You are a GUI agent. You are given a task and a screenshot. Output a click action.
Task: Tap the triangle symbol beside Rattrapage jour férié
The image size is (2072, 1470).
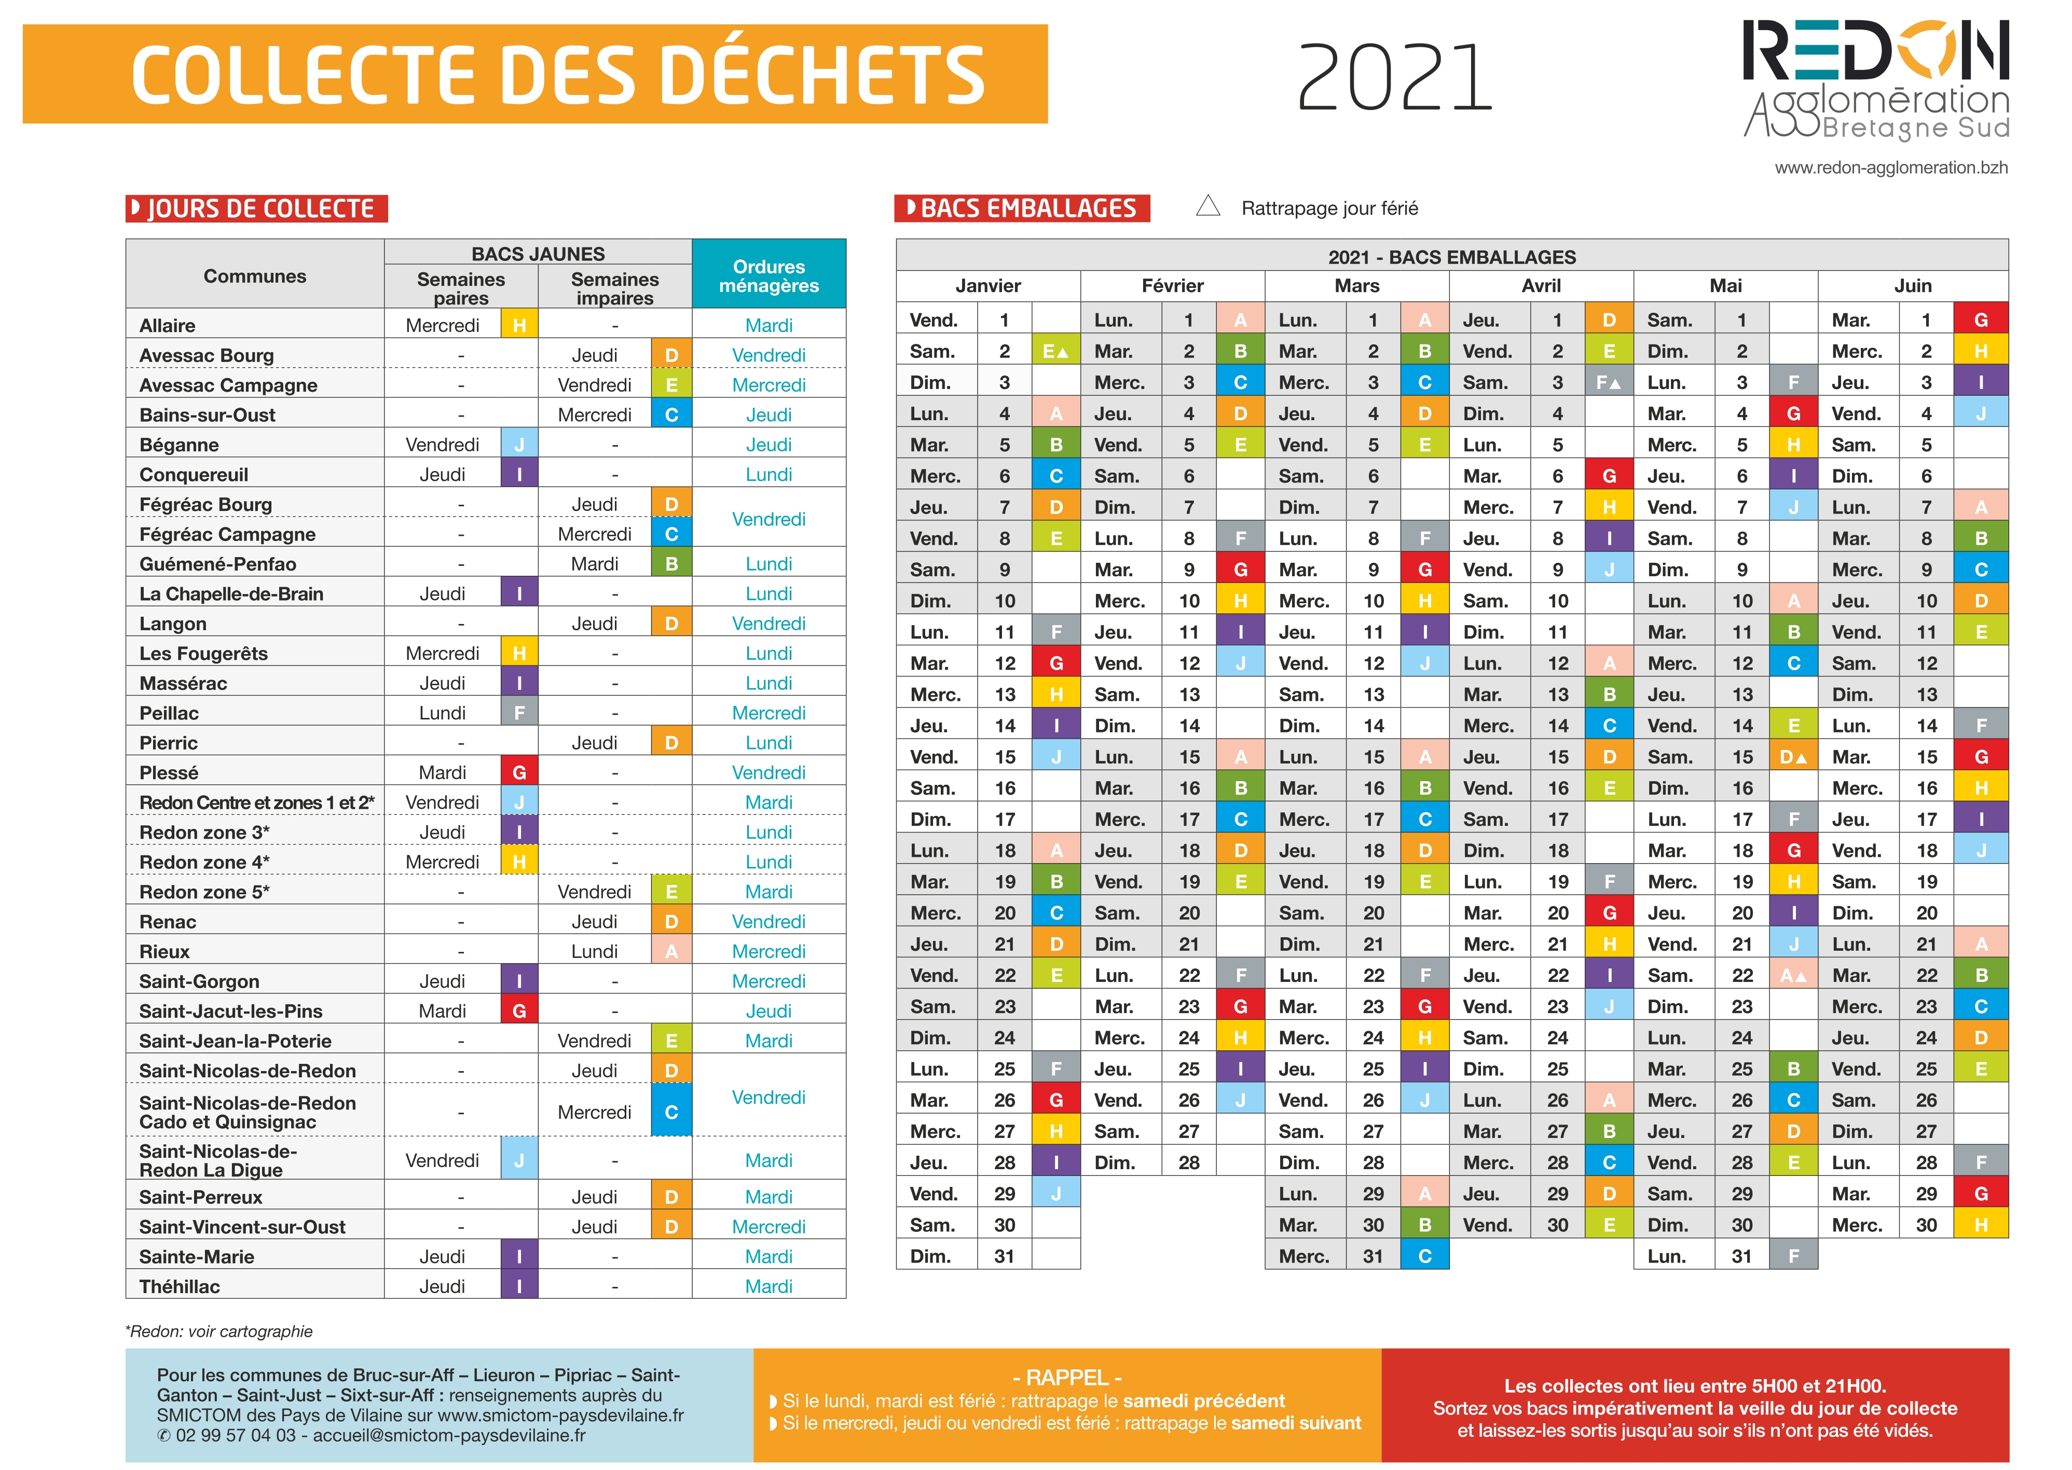click(x=1208, y=206)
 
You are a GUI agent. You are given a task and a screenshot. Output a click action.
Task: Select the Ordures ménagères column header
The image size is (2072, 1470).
click(x=769, y=275)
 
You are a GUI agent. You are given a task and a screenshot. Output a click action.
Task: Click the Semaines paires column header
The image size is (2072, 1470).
click(x=461, y=288)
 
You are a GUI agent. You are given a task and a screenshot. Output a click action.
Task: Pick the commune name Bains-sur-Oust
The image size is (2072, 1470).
click(x=208, y=414)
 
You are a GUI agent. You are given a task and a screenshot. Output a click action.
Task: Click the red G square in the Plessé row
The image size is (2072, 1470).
click(x=519, y=772)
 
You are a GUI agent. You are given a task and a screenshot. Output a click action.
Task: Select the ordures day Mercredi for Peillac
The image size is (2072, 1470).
click(x=769, y=712)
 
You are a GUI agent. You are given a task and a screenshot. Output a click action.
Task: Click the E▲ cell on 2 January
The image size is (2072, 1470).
click(x=1056, y=351)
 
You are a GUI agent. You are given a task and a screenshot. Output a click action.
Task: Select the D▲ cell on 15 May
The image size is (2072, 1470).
click(x=1793, y=757)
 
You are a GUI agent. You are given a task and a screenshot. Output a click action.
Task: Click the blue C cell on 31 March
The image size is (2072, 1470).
click(x=1424, y=1255)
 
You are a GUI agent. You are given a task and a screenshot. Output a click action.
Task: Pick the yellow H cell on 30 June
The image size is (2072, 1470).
click(x=1981, y=1225)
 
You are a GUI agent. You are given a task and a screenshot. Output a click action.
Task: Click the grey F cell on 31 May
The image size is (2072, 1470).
click(x=1793, y=1255)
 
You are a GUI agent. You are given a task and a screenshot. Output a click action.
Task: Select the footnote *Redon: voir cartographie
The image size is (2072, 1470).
click(x=219, y=1330)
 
